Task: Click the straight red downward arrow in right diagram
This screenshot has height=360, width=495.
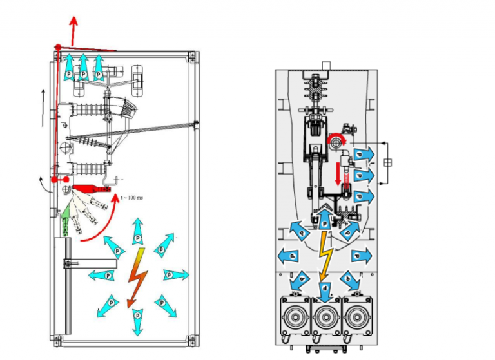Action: coord(339,171)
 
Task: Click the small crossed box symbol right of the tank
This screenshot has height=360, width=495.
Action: coord(387,162)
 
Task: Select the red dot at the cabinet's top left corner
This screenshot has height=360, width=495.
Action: coord(58,48)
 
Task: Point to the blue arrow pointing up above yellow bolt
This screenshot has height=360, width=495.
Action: coord(325,219)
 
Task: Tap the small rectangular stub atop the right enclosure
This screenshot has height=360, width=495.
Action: coord(326,64)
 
